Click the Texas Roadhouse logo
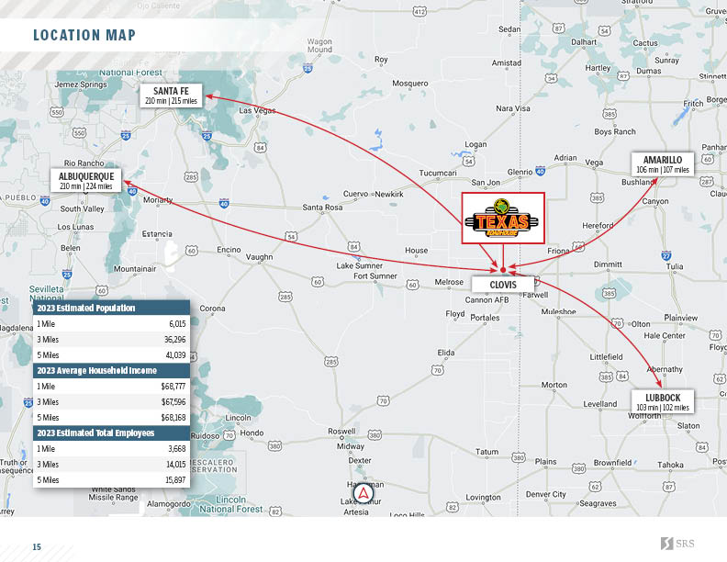(x=502, y=219)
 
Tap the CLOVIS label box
(x=502, y=285)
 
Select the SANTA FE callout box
(x=171, y=96)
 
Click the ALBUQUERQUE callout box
(x=85, y=180)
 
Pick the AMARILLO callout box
(x=662, y=164)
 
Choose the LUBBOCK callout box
(x=662, y=402)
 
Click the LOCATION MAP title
(x=84, y=36)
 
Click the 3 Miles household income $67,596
(x=173, y=401)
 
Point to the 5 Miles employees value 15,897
(x=174, y=479)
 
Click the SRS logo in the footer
(x=677, y=544)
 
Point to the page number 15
(x=37, y=547)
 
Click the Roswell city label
(x=341, y=431)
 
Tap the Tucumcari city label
(x=437, y=173)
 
